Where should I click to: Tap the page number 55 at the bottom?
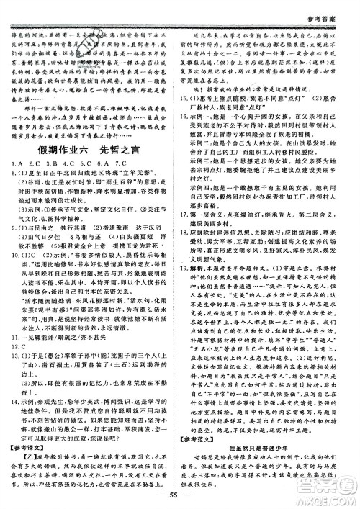(181, 497)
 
